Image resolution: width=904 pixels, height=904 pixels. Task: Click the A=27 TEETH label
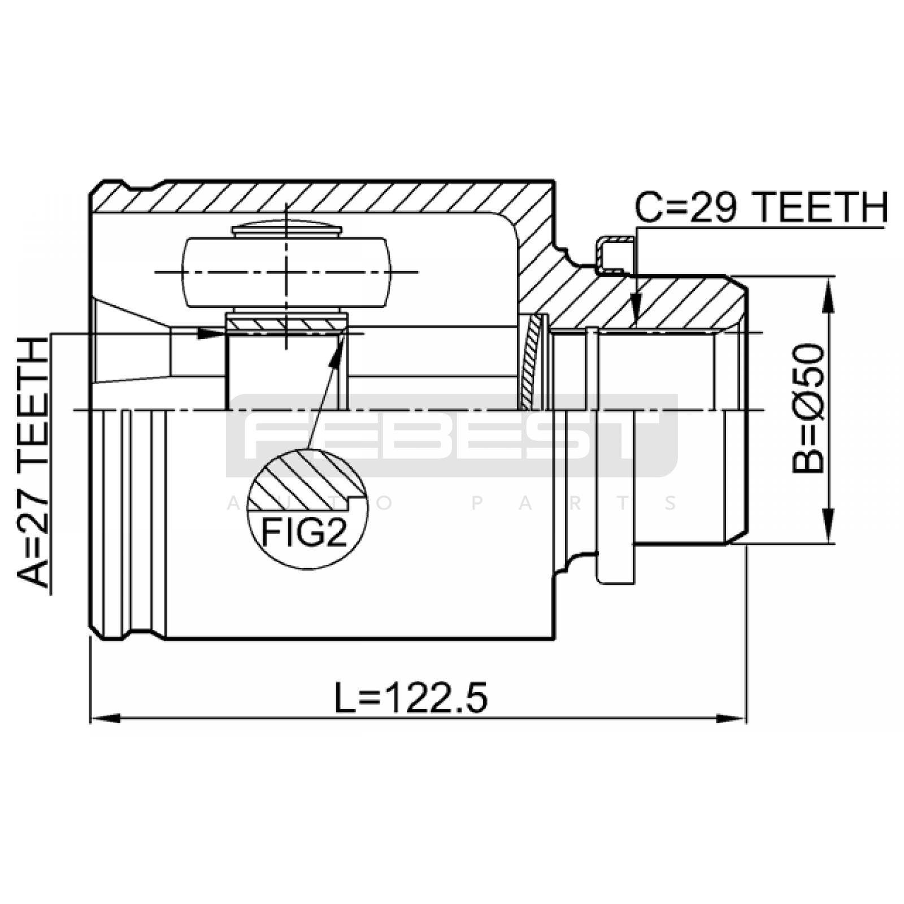(33, 462)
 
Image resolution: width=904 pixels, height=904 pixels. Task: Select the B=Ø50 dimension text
(808, 408)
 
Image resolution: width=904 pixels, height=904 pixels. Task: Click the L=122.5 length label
(411, 697)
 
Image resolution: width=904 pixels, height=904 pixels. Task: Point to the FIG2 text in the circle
(303, 532)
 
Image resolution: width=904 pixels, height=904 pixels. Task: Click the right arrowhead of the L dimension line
(731, 719)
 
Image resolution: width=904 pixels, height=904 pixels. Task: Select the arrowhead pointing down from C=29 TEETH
(636, 311)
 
